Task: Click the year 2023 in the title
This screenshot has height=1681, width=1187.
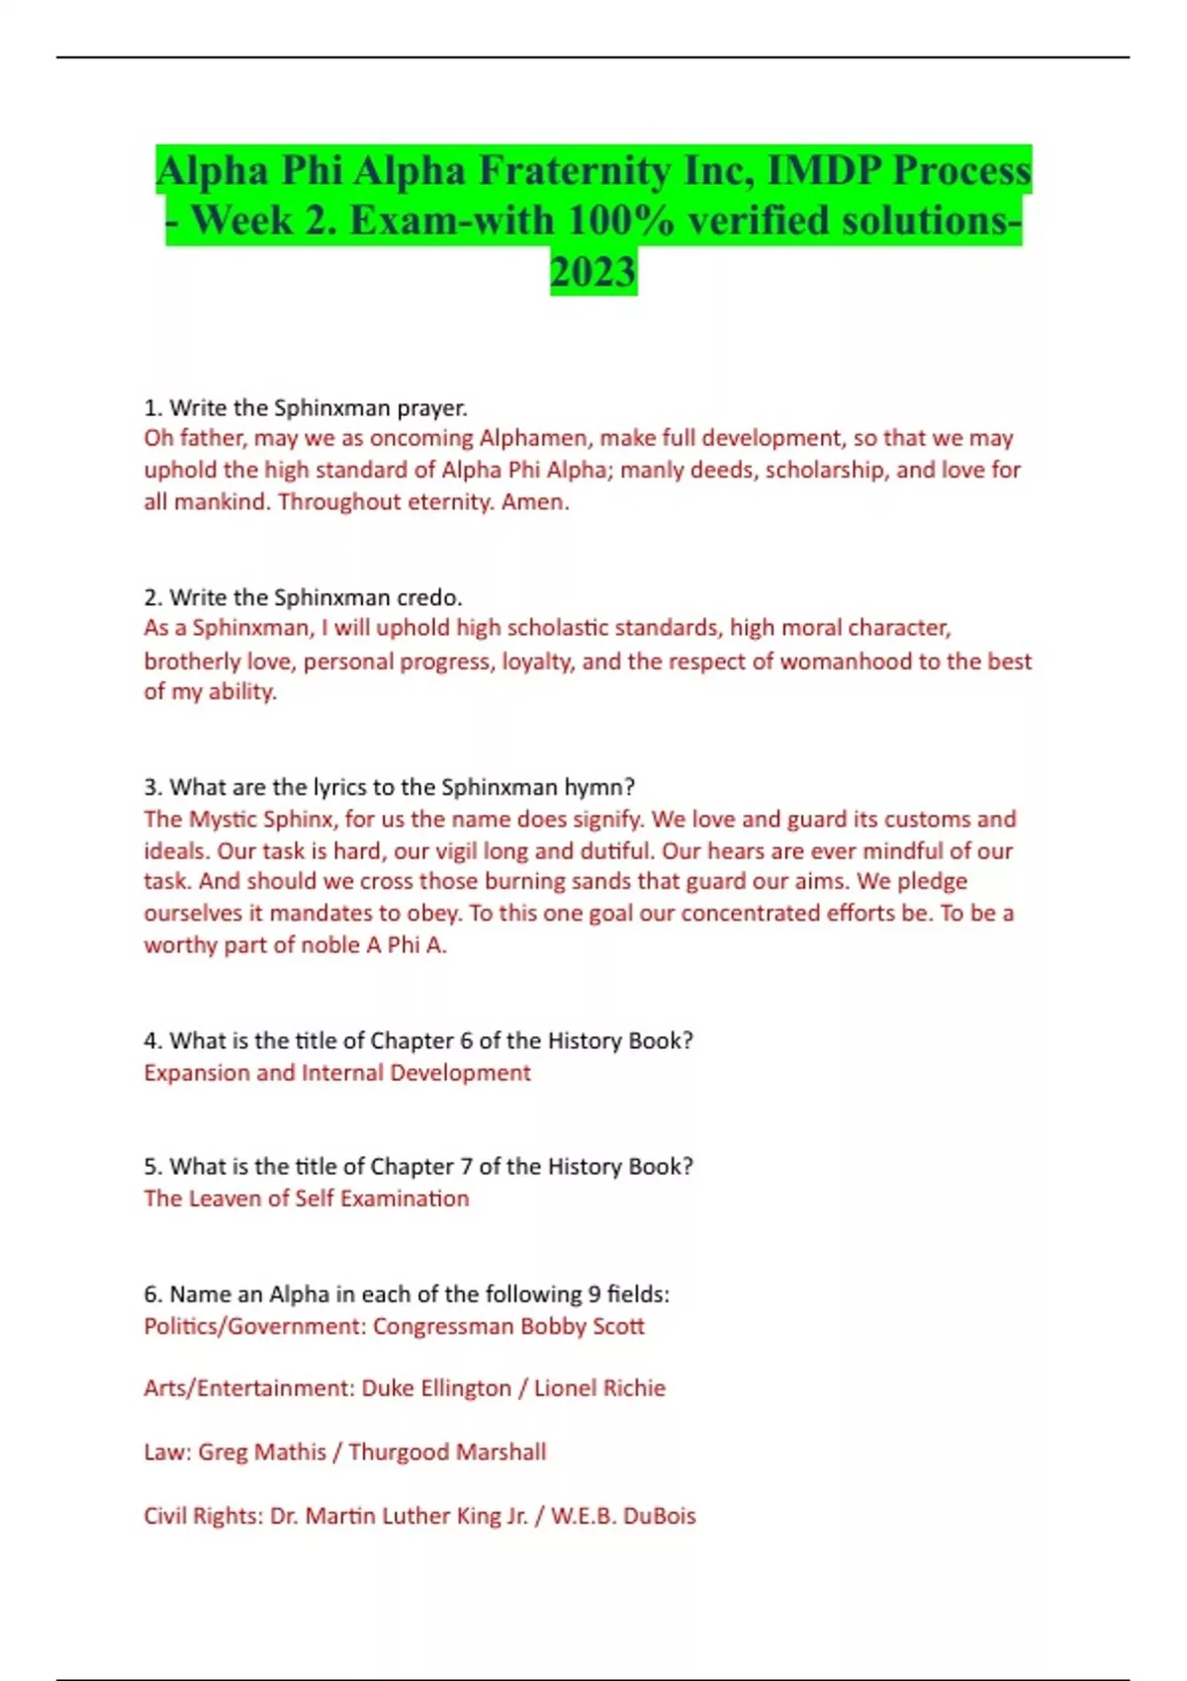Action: click(593, 271)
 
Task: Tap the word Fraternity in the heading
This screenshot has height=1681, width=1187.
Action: click(575, 170)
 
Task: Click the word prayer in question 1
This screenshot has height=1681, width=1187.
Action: click(431, 407)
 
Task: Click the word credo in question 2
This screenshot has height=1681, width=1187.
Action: click(428, 597)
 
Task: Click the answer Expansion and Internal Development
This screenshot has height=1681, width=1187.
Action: click(337, 1073)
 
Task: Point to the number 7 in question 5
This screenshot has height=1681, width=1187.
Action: click(465, 1167)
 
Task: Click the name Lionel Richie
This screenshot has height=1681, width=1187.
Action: click(599, 1388)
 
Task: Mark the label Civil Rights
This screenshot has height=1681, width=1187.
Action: click(203, 1516)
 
